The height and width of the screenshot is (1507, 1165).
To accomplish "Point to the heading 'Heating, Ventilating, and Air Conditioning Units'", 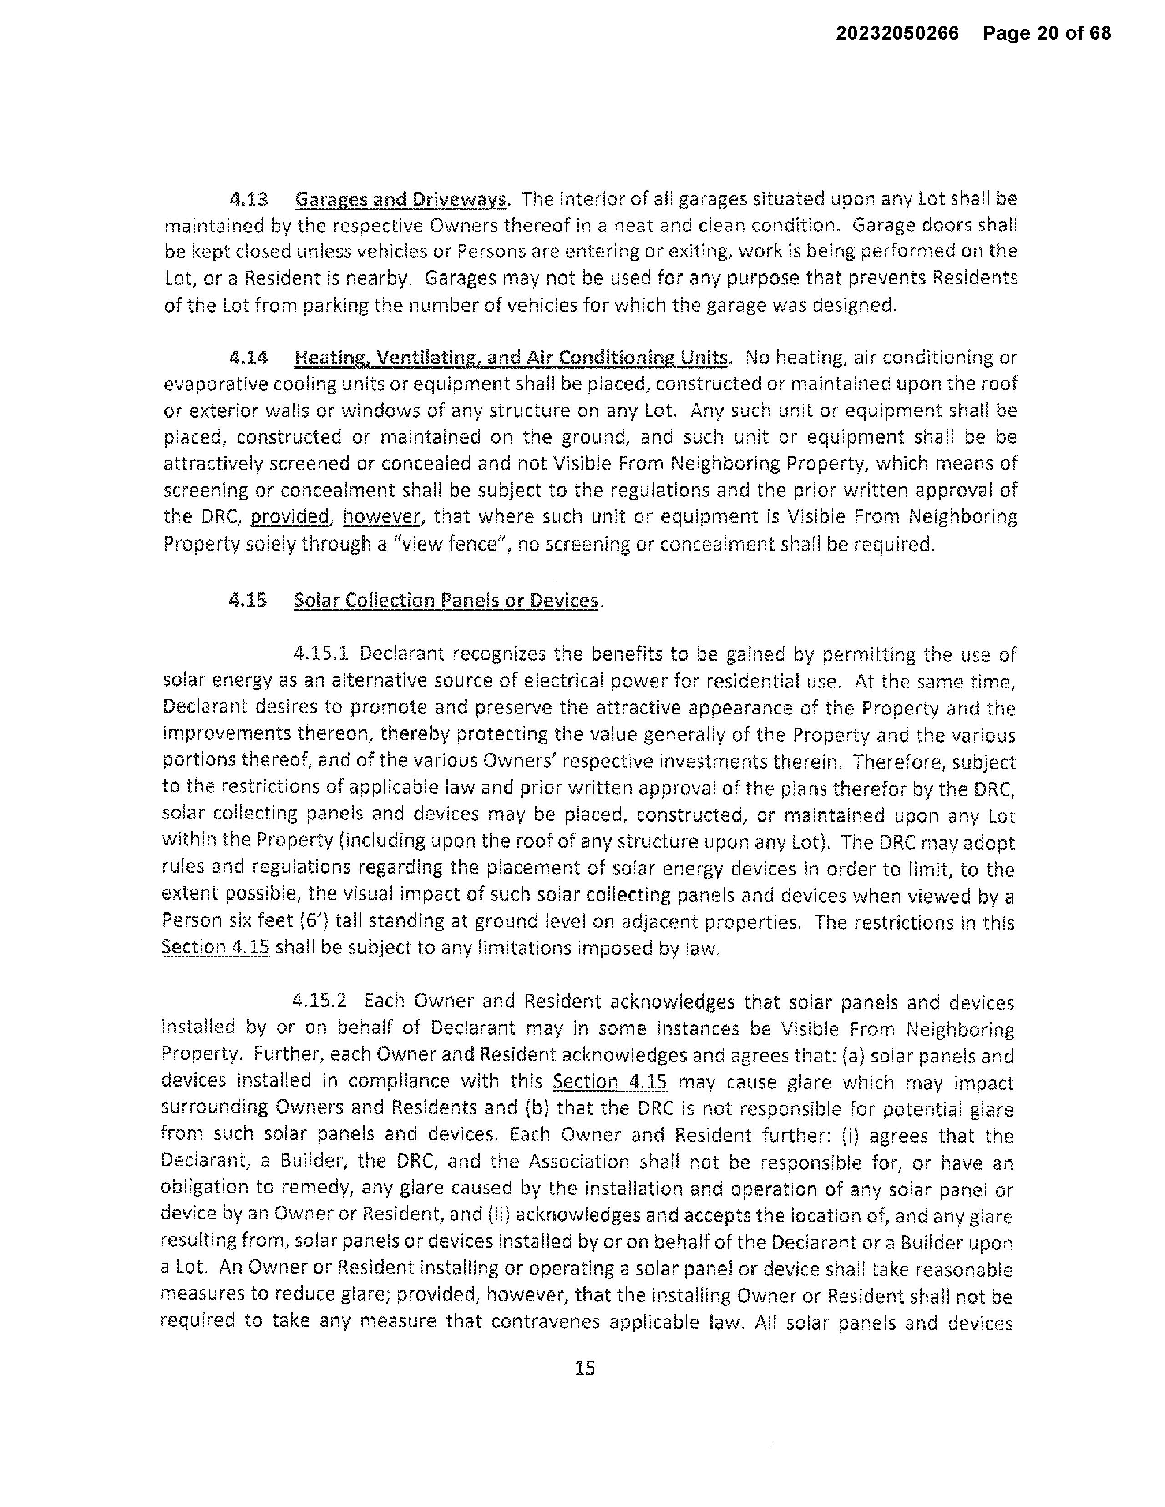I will pos(511,358).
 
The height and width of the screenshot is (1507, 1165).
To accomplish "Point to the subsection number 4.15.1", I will pos(321,653).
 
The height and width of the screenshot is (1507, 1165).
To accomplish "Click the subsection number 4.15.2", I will pos(319,1001).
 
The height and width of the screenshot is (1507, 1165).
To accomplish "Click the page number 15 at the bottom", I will pos(585,1368).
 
